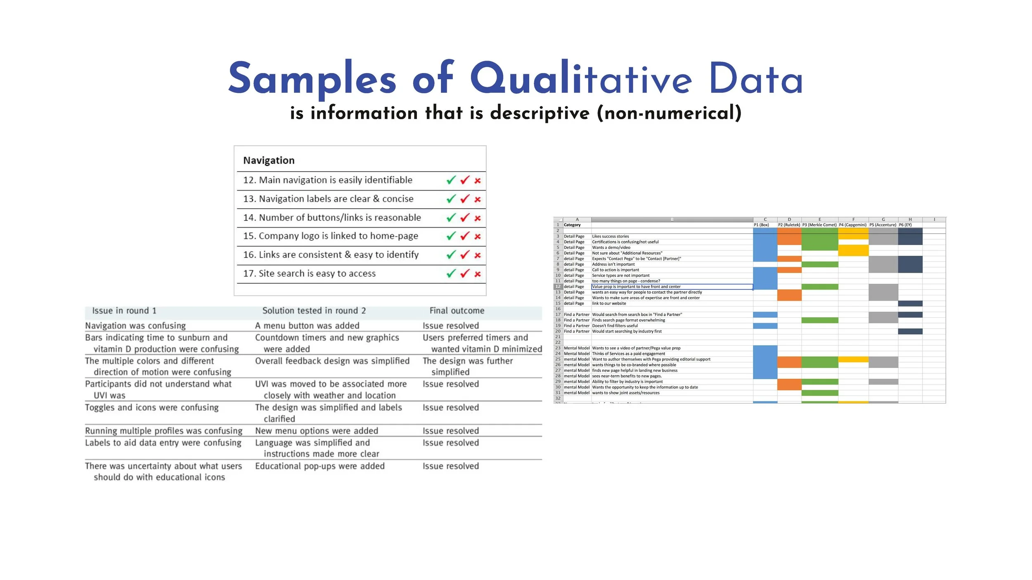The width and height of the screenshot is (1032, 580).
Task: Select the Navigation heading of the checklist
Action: (x=269, y=160)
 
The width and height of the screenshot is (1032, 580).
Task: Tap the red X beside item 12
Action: (x=478, y=181)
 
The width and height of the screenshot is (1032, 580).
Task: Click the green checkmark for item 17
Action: (x=451, y=273)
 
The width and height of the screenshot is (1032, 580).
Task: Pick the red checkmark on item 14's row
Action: (x=465, y=217)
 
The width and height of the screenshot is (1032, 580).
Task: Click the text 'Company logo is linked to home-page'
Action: (x=338, y=236)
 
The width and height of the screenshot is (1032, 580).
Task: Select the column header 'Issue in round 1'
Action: (x=124, y=311)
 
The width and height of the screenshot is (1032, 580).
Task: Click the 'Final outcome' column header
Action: (x=457, y=311)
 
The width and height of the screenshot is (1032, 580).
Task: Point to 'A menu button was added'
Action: (x=307, y=325)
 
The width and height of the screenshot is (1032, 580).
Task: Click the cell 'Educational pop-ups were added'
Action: (x=320, y=466)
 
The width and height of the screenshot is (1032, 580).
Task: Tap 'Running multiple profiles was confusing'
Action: (x=163, y=431)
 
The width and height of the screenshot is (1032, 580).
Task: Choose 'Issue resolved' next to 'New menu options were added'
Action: (x=450, y=431)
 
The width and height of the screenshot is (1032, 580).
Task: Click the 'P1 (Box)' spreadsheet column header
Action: (x=761, y=225)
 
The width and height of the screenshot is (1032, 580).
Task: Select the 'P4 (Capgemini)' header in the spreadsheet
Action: (x=852, y=225)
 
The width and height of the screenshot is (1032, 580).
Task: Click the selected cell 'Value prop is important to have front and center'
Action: (x=636, y=287)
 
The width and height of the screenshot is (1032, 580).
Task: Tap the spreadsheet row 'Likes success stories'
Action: (x=610, y=236)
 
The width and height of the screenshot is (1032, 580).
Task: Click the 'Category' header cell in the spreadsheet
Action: (x=572, y=225)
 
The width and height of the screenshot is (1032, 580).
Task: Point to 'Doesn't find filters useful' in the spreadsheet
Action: (x=615, y=326)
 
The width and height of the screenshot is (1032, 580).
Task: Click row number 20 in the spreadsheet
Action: (x=558, y=331)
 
